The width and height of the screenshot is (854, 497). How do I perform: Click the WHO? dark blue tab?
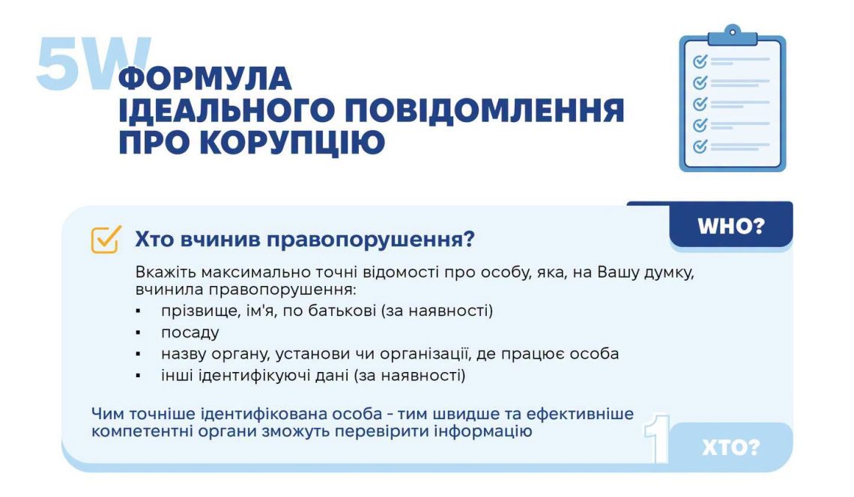point(731,225)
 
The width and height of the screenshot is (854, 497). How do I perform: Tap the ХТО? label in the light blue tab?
point(730,448)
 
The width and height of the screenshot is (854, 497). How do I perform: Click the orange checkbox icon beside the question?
point(106,240)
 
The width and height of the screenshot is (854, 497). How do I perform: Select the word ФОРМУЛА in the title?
point(205,79)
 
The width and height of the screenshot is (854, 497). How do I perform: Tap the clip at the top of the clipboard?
point(733,35)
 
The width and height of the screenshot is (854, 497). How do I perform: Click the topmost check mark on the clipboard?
point(700,61)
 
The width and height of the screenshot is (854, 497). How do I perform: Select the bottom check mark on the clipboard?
point(700,146)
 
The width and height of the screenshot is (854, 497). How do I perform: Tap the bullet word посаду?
point(190,332)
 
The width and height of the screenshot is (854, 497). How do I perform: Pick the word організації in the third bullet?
point(425,354)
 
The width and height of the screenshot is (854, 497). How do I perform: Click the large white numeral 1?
point(657,439)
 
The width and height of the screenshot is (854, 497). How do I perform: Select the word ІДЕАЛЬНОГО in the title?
point(226,111)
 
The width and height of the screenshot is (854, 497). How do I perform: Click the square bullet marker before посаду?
point(139,332)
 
